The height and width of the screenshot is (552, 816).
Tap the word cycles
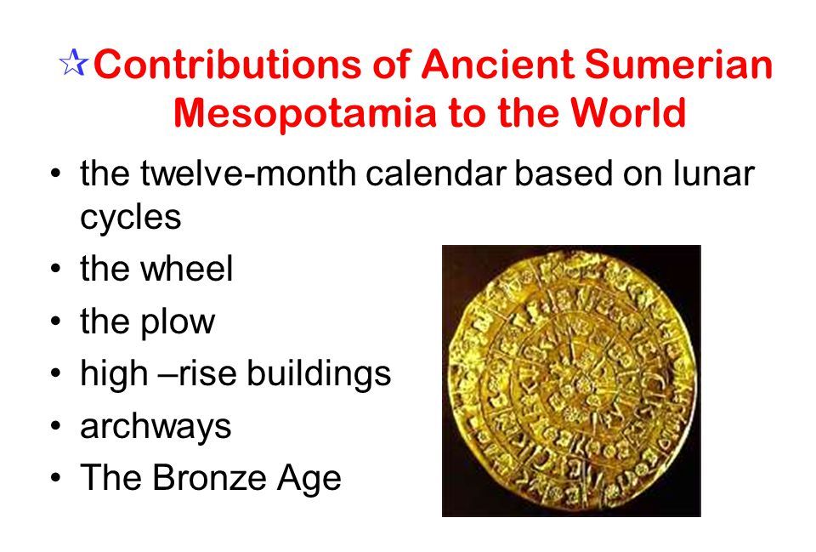pyautogui.click(x=130, y=218)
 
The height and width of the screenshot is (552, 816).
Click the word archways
pyautogui.click(x=156, y=426)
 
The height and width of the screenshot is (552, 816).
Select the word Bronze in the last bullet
pyautogui.click(x=225, y=478)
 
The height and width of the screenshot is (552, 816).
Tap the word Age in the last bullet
pyautogui.click(x=311, y=479)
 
